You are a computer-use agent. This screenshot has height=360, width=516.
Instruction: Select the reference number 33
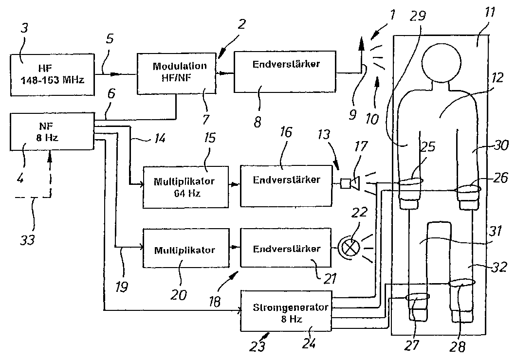click(27, 240)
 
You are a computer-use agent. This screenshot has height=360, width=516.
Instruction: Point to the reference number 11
click(489, 13)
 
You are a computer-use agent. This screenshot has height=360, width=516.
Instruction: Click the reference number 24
click(309, 343)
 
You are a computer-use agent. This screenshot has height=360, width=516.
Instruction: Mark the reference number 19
click(121, 287)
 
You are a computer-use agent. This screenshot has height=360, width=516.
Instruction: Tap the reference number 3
click(24, 28)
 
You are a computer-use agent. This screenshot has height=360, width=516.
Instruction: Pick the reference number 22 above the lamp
click(359, 212)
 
